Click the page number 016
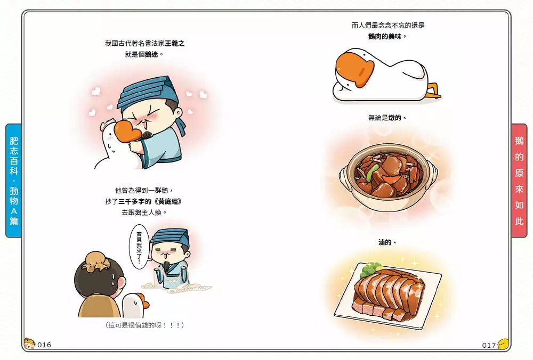click(44, 345)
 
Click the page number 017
click(489, 346)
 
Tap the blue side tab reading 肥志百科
click(14, 181)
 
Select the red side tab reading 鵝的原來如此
click(519, 181)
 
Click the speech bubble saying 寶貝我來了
click(139, 247)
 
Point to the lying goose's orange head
click(354, 68)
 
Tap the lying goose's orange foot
click(434, 91)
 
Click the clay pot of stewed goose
click(389, 177)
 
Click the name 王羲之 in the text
click(175, 44)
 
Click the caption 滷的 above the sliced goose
click(387, 242)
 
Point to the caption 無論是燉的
click(387, 118)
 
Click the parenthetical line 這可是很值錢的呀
click(145, 325)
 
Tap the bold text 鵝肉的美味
click(387, 36)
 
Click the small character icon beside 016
click(29, 343)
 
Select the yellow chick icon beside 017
click(504, 344)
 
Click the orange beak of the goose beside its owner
click(142, 301)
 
